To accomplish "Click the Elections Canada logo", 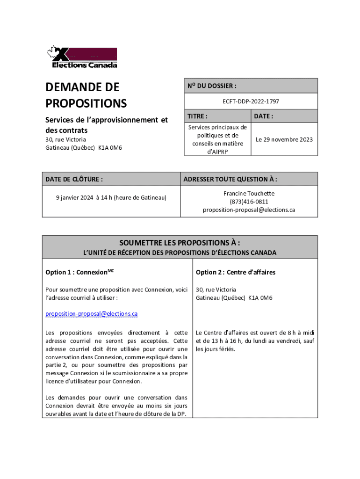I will [x=81, y=58].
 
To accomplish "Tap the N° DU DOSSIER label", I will [x=212, y=86].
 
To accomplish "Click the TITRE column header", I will [x=197, y=116].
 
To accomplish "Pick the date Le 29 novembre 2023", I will [x=284, y=139].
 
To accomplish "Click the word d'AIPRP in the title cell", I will [x=218, y=151].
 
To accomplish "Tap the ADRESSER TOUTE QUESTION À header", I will [x=230, y=179].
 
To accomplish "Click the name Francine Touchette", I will [x=249, y=193].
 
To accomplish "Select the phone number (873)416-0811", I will [x=249, y=202].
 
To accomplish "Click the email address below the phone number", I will [x=249, y=210].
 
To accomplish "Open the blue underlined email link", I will [x=92, y=314].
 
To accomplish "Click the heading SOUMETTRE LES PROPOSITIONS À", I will [x=180, y=243].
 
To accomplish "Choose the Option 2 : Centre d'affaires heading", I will [x=236, y=272].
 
